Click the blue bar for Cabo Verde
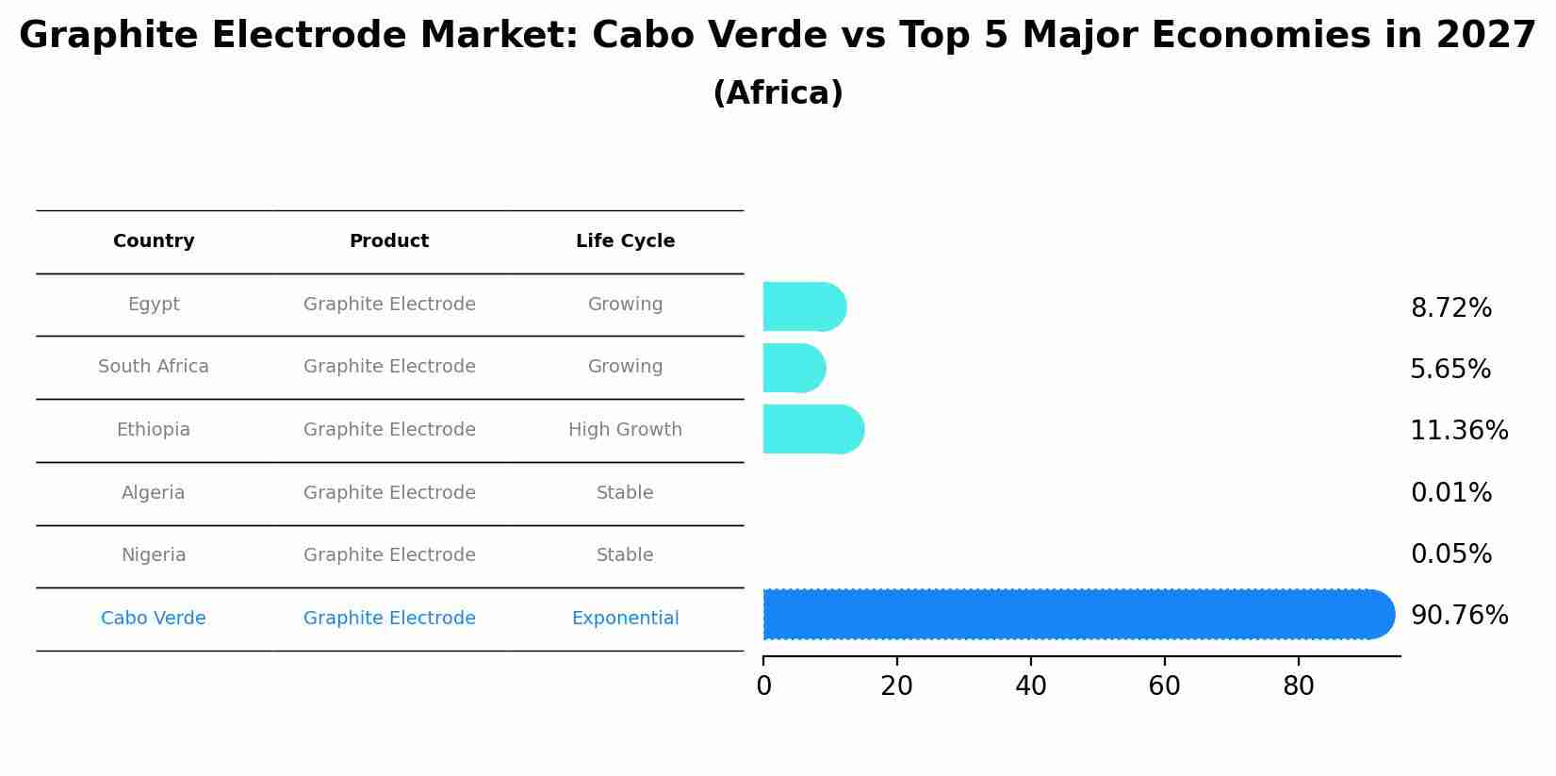[1074, 615]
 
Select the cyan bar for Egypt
[803, 306]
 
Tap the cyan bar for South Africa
[794, 368]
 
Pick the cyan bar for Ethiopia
[812, 429]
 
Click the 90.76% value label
[1459, 616]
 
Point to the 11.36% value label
[1459, 431]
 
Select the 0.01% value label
[1451, 493]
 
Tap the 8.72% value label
[1451, 308]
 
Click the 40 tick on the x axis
[1031, 686]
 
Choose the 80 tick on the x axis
[1299, 686]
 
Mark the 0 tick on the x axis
[763, 686]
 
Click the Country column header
[154, 241]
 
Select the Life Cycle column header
[625, 241]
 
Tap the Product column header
[389, 241]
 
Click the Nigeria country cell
[154, 555]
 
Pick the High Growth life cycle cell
[625, 430]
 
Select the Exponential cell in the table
[625, 619]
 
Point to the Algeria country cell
[154, 493]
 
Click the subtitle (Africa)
[778, 93]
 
